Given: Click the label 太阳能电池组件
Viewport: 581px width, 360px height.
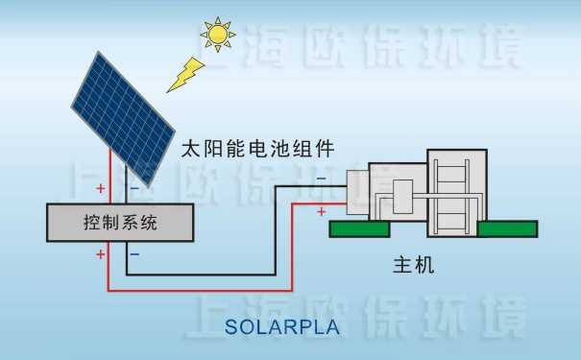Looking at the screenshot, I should click(257, 149).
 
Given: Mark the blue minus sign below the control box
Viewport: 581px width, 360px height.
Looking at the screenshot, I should click(133, 254).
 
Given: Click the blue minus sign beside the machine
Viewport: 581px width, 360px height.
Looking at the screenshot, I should click(320, 179).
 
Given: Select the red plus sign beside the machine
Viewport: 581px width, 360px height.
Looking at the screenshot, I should click(320, 210).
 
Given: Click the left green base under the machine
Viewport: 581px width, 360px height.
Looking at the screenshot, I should click(359, 229).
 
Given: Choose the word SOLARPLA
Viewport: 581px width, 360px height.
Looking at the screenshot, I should click(282, 326).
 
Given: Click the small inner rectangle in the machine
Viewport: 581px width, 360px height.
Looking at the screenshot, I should click(402, 191).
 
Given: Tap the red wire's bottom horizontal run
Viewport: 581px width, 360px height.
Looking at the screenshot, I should click(202, 290).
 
